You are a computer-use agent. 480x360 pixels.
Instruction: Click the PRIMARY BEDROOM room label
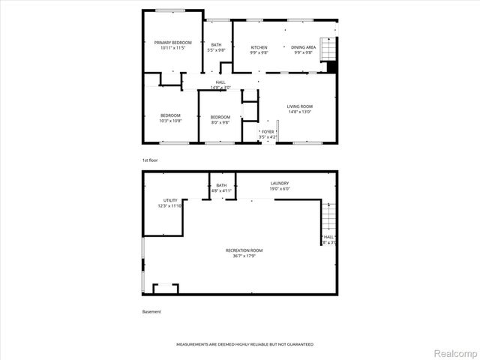coord(173,43)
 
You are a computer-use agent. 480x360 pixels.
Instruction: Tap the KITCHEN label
coord(259,47)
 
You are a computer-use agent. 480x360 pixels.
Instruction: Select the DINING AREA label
coord(304,47)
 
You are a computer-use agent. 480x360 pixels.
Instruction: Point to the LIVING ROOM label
coord(299,106)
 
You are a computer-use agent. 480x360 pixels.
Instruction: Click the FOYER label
coord(268,131)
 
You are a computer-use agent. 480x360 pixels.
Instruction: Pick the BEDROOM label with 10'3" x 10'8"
coord(170,115)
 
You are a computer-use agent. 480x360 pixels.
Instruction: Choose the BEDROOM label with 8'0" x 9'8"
coord(220,117)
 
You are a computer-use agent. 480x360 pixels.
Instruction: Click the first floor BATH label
coord(216,45)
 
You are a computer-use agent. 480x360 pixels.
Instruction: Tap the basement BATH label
coord(221,185)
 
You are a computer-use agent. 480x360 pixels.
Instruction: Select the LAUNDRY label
coord(280,183)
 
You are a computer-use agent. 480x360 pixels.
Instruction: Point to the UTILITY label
coord(170,201)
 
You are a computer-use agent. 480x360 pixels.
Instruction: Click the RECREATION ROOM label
coord(244,250)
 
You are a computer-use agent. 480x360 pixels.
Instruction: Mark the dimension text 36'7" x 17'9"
coord(244,255)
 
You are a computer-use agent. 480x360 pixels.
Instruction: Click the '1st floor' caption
coord(150,160)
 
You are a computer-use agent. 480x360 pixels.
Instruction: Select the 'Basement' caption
coord(151,312)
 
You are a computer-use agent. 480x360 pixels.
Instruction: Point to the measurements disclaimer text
coord(244,344)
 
